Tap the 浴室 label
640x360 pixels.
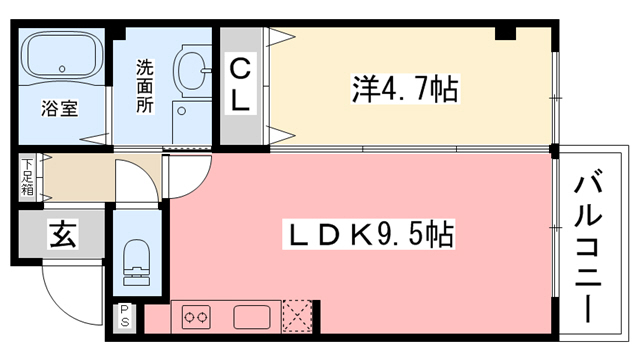pos(59,108)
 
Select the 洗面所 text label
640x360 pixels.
pos(145,88)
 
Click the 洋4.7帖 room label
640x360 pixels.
pos(405,89)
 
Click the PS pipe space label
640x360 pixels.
pos(126,317)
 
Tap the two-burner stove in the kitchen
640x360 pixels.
pos(197,318)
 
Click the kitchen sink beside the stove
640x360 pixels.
pos(253,318)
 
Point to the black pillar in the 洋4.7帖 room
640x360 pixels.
pos(505,33)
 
